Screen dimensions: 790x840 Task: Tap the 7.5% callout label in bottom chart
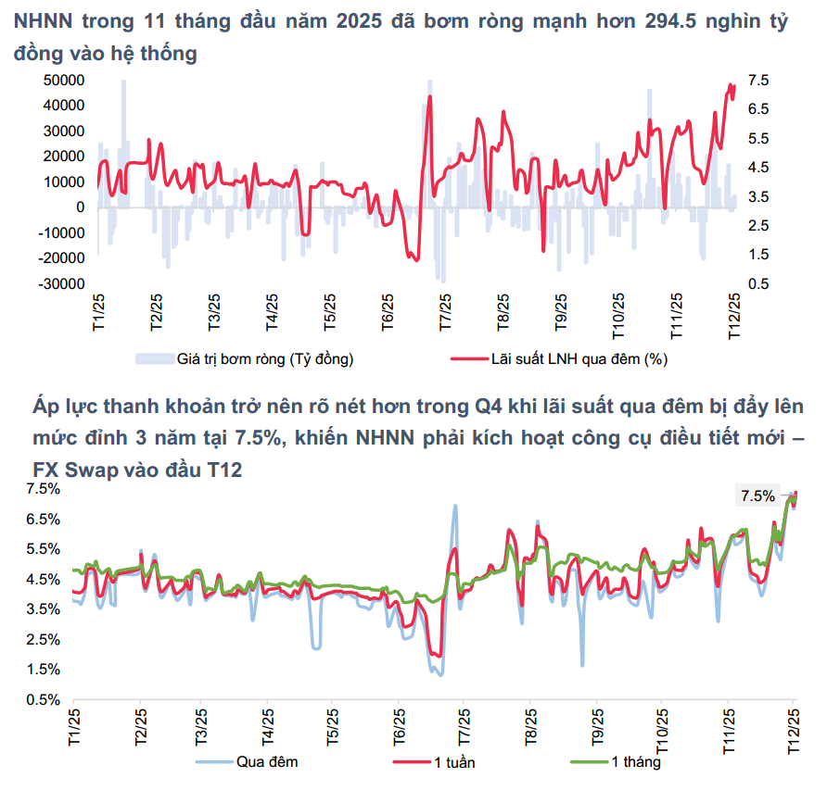(757, 495)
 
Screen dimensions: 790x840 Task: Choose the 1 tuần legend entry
(450, 762)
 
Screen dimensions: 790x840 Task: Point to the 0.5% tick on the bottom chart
(45, 699)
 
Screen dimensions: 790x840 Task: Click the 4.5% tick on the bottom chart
(45, 579)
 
